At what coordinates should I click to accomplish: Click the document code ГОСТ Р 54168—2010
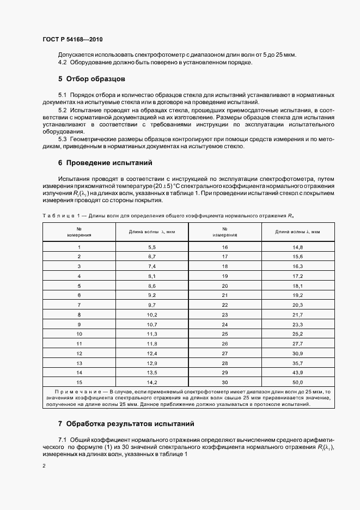72,40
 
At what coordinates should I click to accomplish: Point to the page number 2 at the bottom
44,466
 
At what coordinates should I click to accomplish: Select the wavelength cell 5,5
152,247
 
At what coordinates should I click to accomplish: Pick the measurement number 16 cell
225,247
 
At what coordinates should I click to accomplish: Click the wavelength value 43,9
297,372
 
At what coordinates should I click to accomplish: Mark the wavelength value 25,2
297,333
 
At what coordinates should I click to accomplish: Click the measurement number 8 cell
79,314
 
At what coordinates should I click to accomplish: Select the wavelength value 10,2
152,314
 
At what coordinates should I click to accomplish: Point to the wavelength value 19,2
297,295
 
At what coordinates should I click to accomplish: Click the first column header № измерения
79,232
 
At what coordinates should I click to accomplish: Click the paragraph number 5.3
63,139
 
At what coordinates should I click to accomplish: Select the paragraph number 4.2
63,63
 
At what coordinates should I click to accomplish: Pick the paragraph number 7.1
63,439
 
